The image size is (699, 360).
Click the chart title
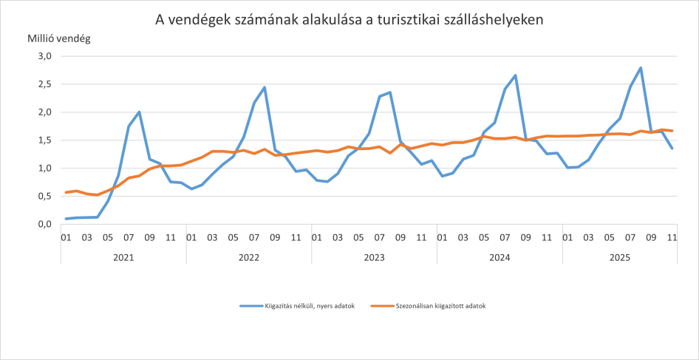click(349, 20)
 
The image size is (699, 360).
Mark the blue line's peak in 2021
click(139, 112)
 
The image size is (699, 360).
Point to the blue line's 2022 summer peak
click(264, 87)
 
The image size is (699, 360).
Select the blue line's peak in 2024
click(515, 75)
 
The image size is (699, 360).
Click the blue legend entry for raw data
click(294, 306)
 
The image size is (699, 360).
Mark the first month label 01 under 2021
click(66, 237)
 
